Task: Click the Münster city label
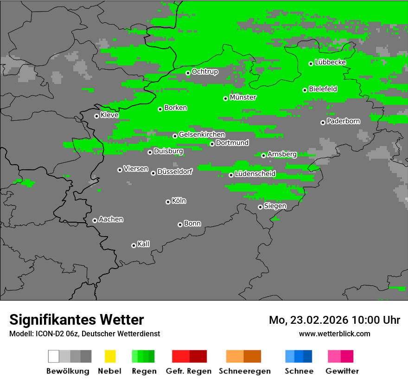coord(243,97)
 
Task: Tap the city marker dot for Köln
coord(168,202)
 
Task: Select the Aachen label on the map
coord(111,219)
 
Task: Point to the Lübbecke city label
coord(330,62)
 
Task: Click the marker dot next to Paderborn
coord(323,122)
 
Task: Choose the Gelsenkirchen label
coord(202,135)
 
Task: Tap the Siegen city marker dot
coord(260,207)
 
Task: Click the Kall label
coord(143,244)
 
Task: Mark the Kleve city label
coord(109,115)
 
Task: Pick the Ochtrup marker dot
coord(188,73)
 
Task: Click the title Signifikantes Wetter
coord(76,320)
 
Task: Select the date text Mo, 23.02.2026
coord(309,320)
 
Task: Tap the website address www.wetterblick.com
coord(334,334)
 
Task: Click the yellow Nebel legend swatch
coord(110,356)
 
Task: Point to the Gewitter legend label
coord(342,371)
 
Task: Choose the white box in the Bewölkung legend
coord(54,356)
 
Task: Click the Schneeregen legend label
coord(244,371)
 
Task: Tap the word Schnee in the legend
coord(299,371)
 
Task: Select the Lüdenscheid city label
coord(255,174)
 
